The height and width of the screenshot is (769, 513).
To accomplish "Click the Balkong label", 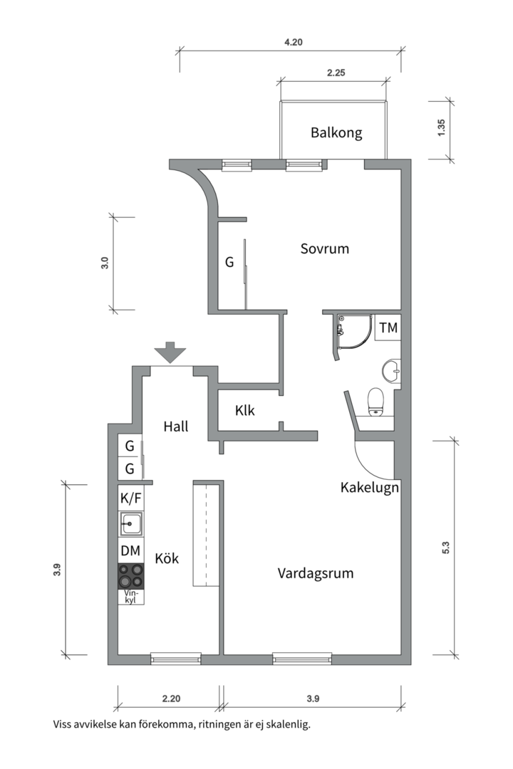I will [x=336, y=132].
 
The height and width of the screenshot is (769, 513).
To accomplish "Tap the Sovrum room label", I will [x=324, y=249].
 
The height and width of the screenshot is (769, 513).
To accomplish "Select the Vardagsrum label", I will [x=316, y=573].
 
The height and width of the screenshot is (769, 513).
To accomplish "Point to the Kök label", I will [x=167, y=559].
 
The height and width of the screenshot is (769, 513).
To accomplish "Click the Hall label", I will [x=176, y=427].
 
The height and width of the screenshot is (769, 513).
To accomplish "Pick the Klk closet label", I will [x=245, y=411].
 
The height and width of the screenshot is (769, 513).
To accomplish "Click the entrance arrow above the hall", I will [x=170, y=352].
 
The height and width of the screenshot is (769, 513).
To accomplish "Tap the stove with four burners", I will [x=131, y=575].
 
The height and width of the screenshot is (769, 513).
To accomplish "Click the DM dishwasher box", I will [x=130, y=550].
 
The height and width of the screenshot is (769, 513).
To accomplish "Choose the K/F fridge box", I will [x=131, y=498].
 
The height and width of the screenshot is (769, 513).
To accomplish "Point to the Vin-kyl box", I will [x=130, y=597].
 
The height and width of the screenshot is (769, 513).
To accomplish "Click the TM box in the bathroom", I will [x=388, y=328].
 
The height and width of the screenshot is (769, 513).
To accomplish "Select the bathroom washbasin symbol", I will [x=391, y=370].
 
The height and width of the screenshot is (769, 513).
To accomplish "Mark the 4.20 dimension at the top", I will [x=294, y=43].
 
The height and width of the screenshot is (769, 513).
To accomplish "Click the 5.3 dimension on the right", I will [x=447, y=548].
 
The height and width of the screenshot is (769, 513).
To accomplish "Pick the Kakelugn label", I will [x=369, y=488].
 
